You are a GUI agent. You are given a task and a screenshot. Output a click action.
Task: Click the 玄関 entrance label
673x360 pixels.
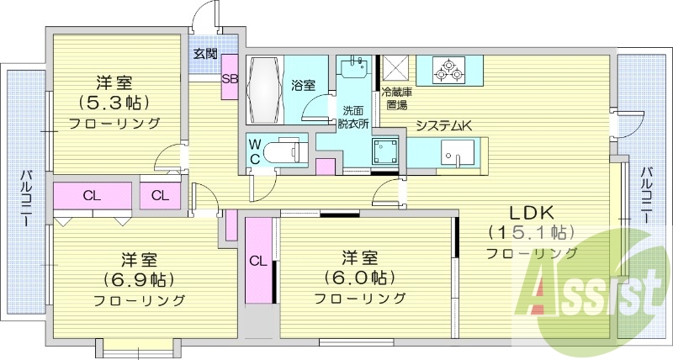[x=204, y=54]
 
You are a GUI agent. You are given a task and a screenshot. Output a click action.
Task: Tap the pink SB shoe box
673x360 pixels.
[x=229, y=77]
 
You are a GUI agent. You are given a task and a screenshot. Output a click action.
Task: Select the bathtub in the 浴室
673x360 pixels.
[x=265, y=90]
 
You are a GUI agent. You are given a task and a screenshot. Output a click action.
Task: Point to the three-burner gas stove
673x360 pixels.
[x=449, y=71]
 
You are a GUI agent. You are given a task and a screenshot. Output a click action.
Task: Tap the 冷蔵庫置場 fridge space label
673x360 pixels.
[x=396, y=98]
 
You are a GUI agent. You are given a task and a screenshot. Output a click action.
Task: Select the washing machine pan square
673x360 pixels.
[x=384, y=151]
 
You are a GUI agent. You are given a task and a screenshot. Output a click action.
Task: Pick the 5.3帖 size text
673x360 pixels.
[x=114, y=102]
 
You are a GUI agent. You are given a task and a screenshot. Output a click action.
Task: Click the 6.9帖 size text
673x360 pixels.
[x=138, y=280]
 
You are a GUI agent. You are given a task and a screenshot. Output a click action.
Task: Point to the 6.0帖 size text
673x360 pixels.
[x=360, y=278]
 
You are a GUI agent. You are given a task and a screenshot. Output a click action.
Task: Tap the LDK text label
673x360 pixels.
[x=532, y=212]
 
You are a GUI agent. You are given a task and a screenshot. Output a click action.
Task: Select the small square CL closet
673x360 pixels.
[x=160, y=196]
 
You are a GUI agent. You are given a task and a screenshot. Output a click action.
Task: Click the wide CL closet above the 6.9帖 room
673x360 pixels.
[x=92, y=196]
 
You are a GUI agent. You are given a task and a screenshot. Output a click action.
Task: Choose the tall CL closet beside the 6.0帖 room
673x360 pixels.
[x=258, y=261]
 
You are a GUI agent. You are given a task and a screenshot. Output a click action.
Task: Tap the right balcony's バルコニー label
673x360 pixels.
[x=646, y=194]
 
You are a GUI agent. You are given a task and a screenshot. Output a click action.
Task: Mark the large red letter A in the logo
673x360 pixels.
[x=541, y=291]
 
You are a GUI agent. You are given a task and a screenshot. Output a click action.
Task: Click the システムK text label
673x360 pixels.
[x=444, y=125]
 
